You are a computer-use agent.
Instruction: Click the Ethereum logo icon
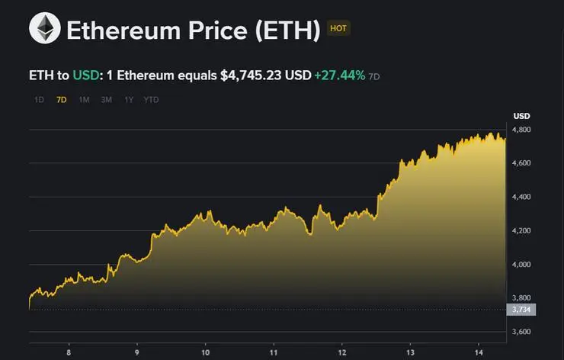(44, 28)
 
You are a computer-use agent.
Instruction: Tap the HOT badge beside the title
(338, 28)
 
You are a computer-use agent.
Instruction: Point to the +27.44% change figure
(339, 76)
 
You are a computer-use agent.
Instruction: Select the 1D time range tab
(39, 100)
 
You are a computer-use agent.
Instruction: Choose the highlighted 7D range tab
(62, 100)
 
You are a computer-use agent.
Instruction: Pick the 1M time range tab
(84, 100)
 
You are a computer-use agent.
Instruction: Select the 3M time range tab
(107, 100)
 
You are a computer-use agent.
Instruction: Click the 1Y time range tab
(129, 100)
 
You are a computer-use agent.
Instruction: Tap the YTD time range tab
(152, 100)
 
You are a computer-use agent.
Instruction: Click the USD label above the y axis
(521, 116)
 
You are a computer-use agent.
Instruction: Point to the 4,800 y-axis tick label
(521, 130)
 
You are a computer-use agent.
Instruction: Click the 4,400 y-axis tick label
(521, 198)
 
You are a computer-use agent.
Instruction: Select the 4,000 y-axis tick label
(521, 265)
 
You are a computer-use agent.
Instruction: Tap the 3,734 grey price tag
(521, 309)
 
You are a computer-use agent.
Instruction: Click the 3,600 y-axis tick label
(521, 332)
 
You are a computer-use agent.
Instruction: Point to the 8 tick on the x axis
(69, 352)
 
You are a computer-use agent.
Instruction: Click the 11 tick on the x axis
(274, 352)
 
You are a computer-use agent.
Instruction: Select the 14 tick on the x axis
(478, 352)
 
